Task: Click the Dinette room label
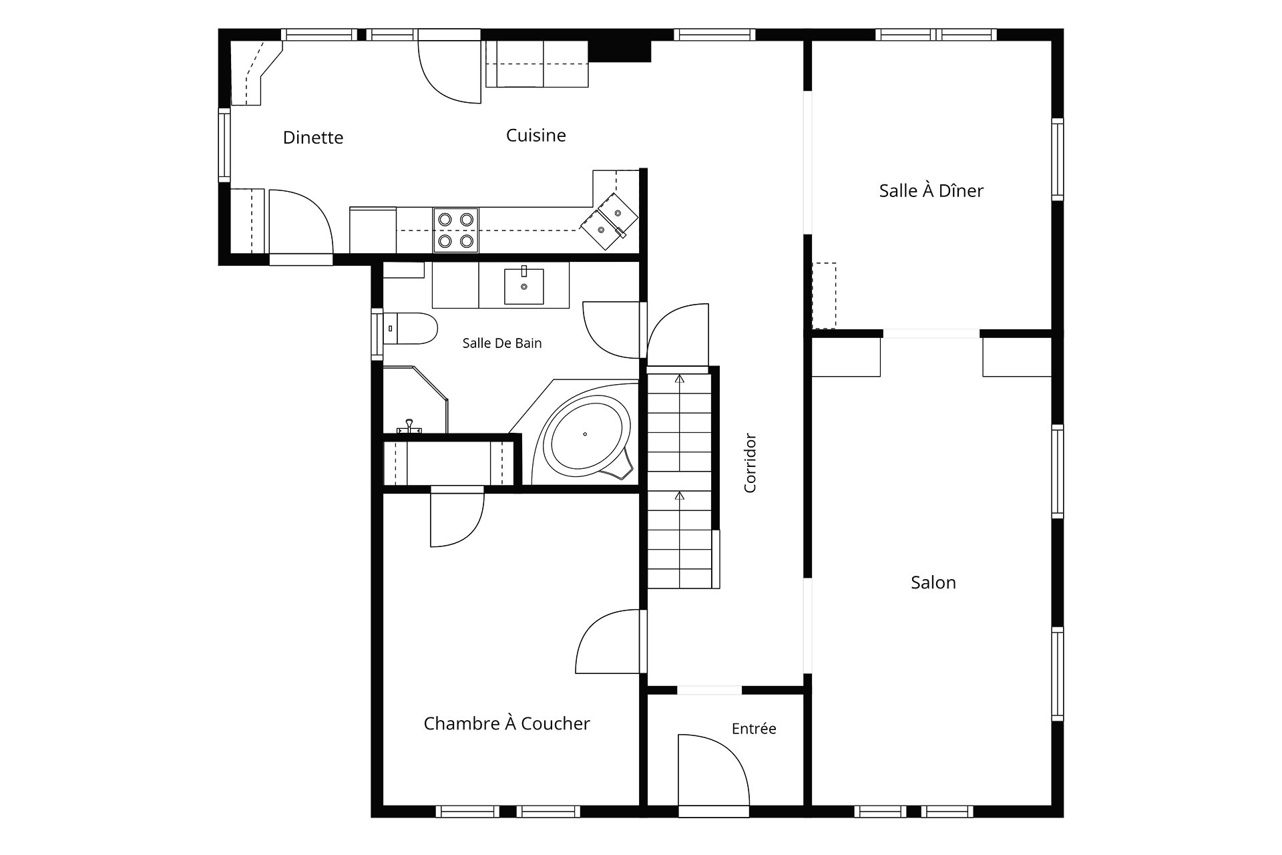tap(313, 138)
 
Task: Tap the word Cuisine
tap(536, 136)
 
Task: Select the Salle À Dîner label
tap(931, 190)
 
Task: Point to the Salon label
tap(933, 582)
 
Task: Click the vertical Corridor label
tap(750, 463)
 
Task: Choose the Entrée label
tap(754, 728)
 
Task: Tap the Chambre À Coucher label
tap(507, 723)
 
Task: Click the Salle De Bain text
tap(502, 343)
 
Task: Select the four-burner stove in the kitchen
tap(456, 230)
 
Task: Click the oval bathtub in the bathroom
tap(587, 435)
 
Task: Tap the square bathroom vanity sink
tap(523, 286)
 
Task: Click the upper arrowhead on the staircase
tap(680, 379)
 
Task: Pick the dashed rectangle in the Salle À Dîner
tap(824, 296)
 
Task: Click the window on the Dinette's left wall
tap(224, 146)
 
